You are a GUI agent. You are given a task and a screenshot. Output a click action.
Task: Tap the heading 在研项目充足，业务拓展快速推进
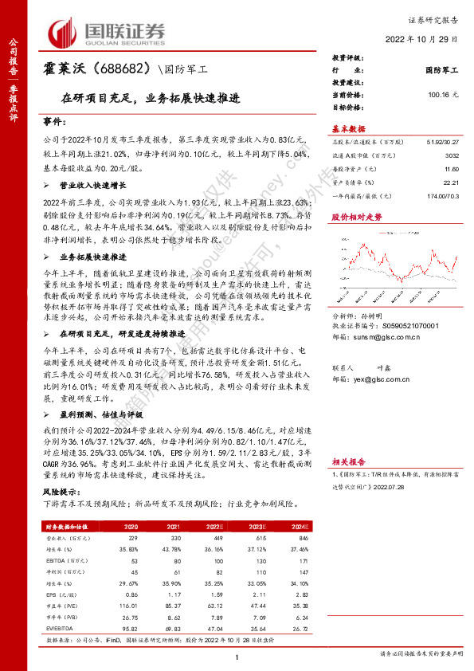(151, 101)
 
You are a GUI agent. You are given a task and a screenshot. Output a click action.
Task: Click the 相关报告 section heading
(348, 461)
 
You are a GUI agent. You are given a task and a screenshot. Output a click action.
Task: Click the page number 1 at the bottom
(237, 655)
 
